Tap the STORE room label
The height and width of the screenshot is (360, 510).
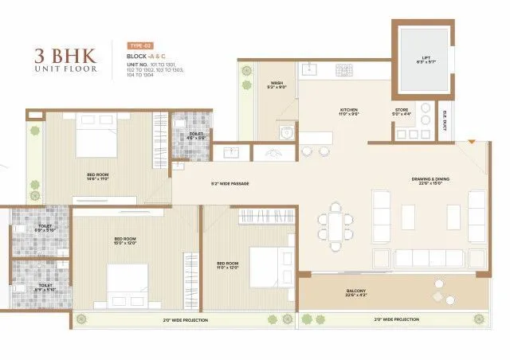[x=403, y=112]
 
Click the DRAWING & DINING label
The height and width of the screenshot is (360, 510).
[x=430, y=180]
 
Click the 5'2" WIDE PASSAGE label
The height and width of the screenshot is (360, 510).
[x=230, y=184]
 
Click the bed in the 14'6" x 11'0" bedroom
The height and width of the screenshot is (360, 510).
[x=96, y=139]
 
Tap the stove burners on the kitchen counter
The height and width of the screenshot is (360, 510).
[x=343, y=70]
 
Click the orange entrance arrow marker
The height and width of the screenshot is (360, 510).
[x=471, y=143]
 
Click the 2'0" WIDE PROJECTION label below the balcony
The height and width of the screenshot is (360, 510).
[x=396, y=319]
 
